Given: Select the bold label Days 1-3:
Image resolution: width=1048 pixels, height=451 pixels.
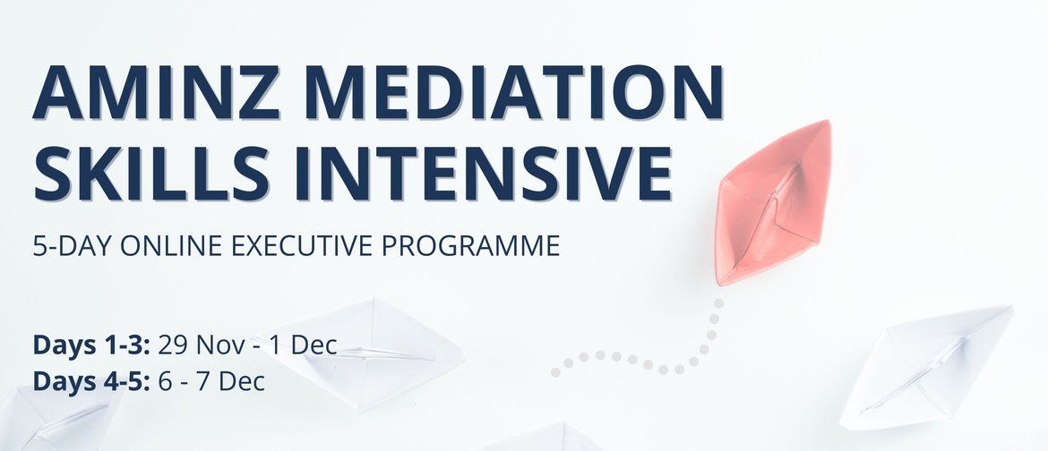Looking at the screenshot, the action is point(92,345).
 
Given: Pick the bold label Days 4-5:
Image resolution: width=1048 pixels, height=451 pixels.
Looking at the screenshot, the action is point(92,381).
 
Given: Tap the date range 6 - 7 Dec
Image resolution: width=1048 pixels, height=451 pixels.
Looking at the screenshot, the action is point(212,381).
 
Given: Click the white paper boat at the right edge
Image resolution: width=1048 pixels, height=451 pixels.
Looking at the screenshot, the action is point(925,368).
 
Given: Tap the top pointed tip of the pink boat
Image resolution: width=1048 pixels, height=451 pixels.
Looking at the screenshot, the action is point(828,122).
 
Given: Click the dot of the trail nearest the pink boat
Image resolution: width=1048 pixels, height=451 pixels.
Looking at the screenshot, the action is point(717,302).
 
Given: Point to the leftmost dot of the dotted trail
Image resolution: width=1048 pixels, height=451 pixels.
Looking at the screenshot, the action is point(555,372).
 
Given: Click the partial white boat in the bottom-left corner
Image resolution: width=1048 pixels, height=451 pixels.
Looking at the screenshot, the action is point(56,418).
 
